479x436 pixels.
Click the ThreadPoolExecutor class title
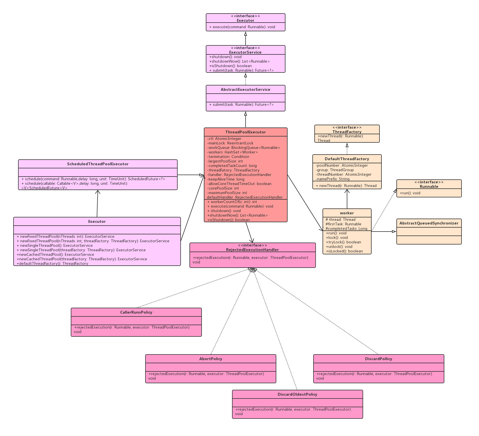click(x=246, y=132)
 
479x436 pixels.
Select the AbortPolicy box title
click(x=211, y=359)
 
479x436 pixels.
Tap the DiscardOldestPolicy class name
click(x=297, y=394)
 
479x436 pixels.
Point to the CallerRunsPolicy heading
click(x=136, y=312)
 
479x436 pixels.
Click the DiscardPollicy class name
click(x=379, y=359)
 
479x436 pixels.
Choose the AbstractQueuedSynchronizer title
click(x=429, y=223)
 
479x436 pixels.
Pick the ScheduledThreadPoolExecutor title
click(x=98, y=164)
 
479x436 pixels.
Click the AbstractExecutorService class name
click(x=246, y=89)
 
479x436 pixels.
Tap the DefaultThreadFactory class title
click(x=347, y=159)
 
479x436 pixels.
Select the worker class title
click(x=347, y=213)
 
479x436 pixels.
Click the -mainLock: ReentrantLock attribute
click(x=230, y=143)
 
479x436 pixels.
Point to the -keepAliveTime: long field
click(x=226, y=179)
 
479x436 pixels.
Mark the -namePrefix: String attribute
click(x=333, y=179)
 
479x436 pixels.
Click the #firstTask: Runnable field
click(x=343, y=224)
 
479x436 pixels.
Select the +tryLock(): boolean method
click(x=343, y=242)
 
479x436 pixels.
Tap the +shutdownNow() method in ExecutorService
click(x=239, y=61)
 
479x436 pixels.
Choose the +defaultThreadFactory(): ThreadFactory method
click(x=52, y=263)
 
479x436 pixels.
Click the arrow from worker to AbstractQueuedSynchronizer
click(x=384, y=232)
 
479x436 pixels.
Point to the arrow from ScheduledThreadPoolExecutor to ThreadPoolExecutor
click(x=191, y=175)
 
